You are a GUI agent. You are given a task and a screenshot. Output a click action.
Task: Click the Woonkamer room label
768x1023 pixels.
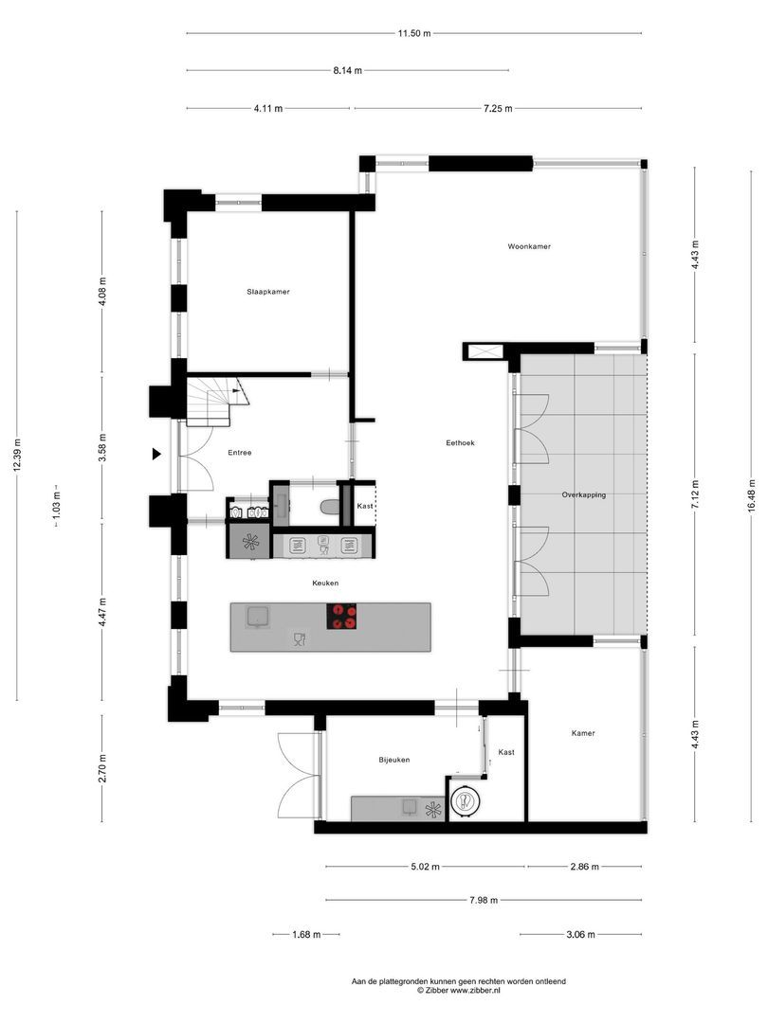click(528, 246)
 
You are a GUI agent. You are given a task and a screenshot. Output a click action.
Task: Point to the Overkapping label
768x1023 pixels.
click(583, 494)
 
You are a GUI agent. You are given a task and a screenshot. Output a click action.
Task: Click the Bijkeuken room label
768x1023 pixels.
click(393, 759)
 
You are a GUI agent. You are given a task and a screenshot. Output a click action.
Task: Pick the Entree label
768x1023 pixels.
click(239, 453)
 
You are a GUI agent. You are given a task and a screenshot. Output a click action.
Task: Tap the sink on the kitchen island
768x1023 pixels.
click(257, 618)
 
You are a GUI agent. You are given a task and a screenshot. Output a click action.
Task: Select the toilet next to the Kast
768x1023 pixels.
click(328, 508)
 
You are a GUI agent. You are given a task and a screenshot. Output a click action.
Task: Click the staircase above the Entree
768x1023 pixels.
click(210, 402)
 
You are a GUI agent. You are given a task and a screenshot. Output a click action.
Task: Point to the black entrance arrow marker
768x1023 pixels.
click(157, 455)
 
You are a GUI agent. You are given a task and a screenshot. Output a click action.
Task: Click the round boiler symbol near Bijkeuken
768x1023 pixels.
click(466, 801)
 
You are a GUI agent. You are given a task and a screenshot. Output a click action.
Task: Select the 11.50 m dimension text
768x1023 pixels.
click(414, 33)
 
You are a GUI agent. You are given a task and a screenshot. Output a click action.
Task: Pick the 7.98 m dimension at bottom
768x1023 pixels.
click(484, 900)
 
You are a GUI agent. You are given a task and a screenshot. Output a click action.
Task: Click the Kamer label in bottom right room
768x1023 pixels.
click(583, 733)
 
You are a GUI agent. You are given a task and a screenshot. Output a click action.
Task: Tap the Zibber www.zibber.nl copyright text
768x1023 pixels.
click(458, 990)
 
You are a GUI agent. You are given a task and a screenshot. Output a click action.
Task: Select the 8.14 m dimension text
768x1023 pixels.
click(346, 70)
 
